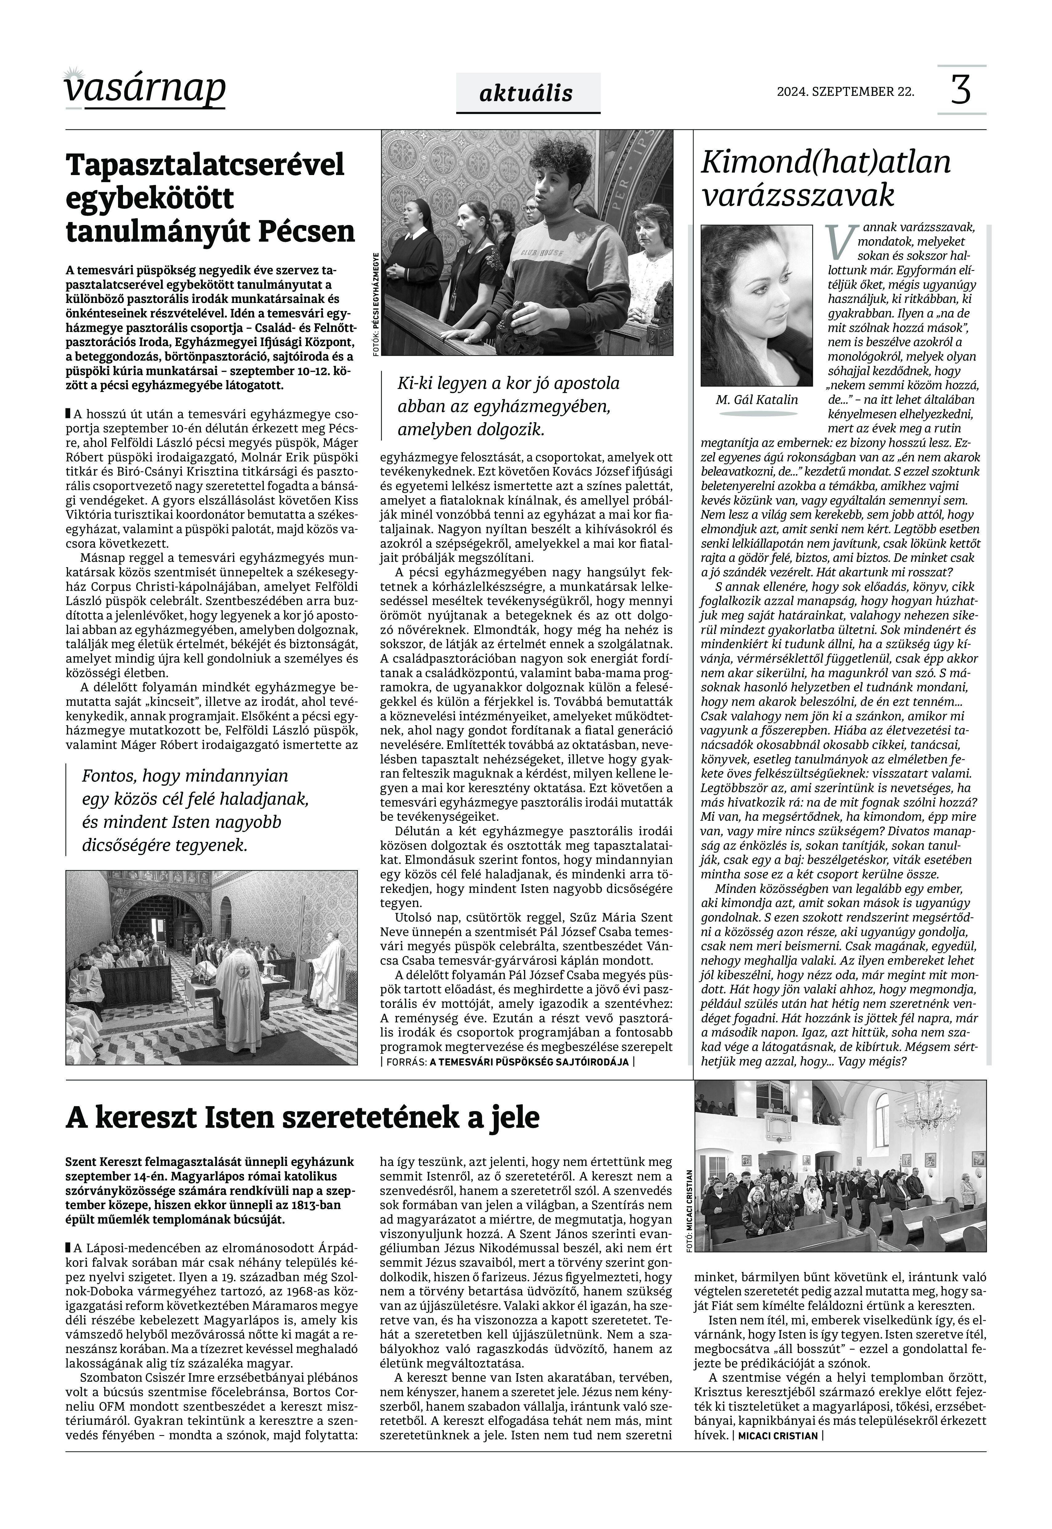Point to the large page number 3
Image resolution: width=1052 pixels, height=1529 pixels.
(x=961, y=90)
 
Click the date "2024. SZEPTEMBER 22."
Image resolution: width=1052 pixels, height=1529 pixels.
(x=846, y=92)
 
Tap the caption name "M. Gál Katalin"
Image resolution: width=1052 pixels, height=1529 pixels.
(x=757, y=399)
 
